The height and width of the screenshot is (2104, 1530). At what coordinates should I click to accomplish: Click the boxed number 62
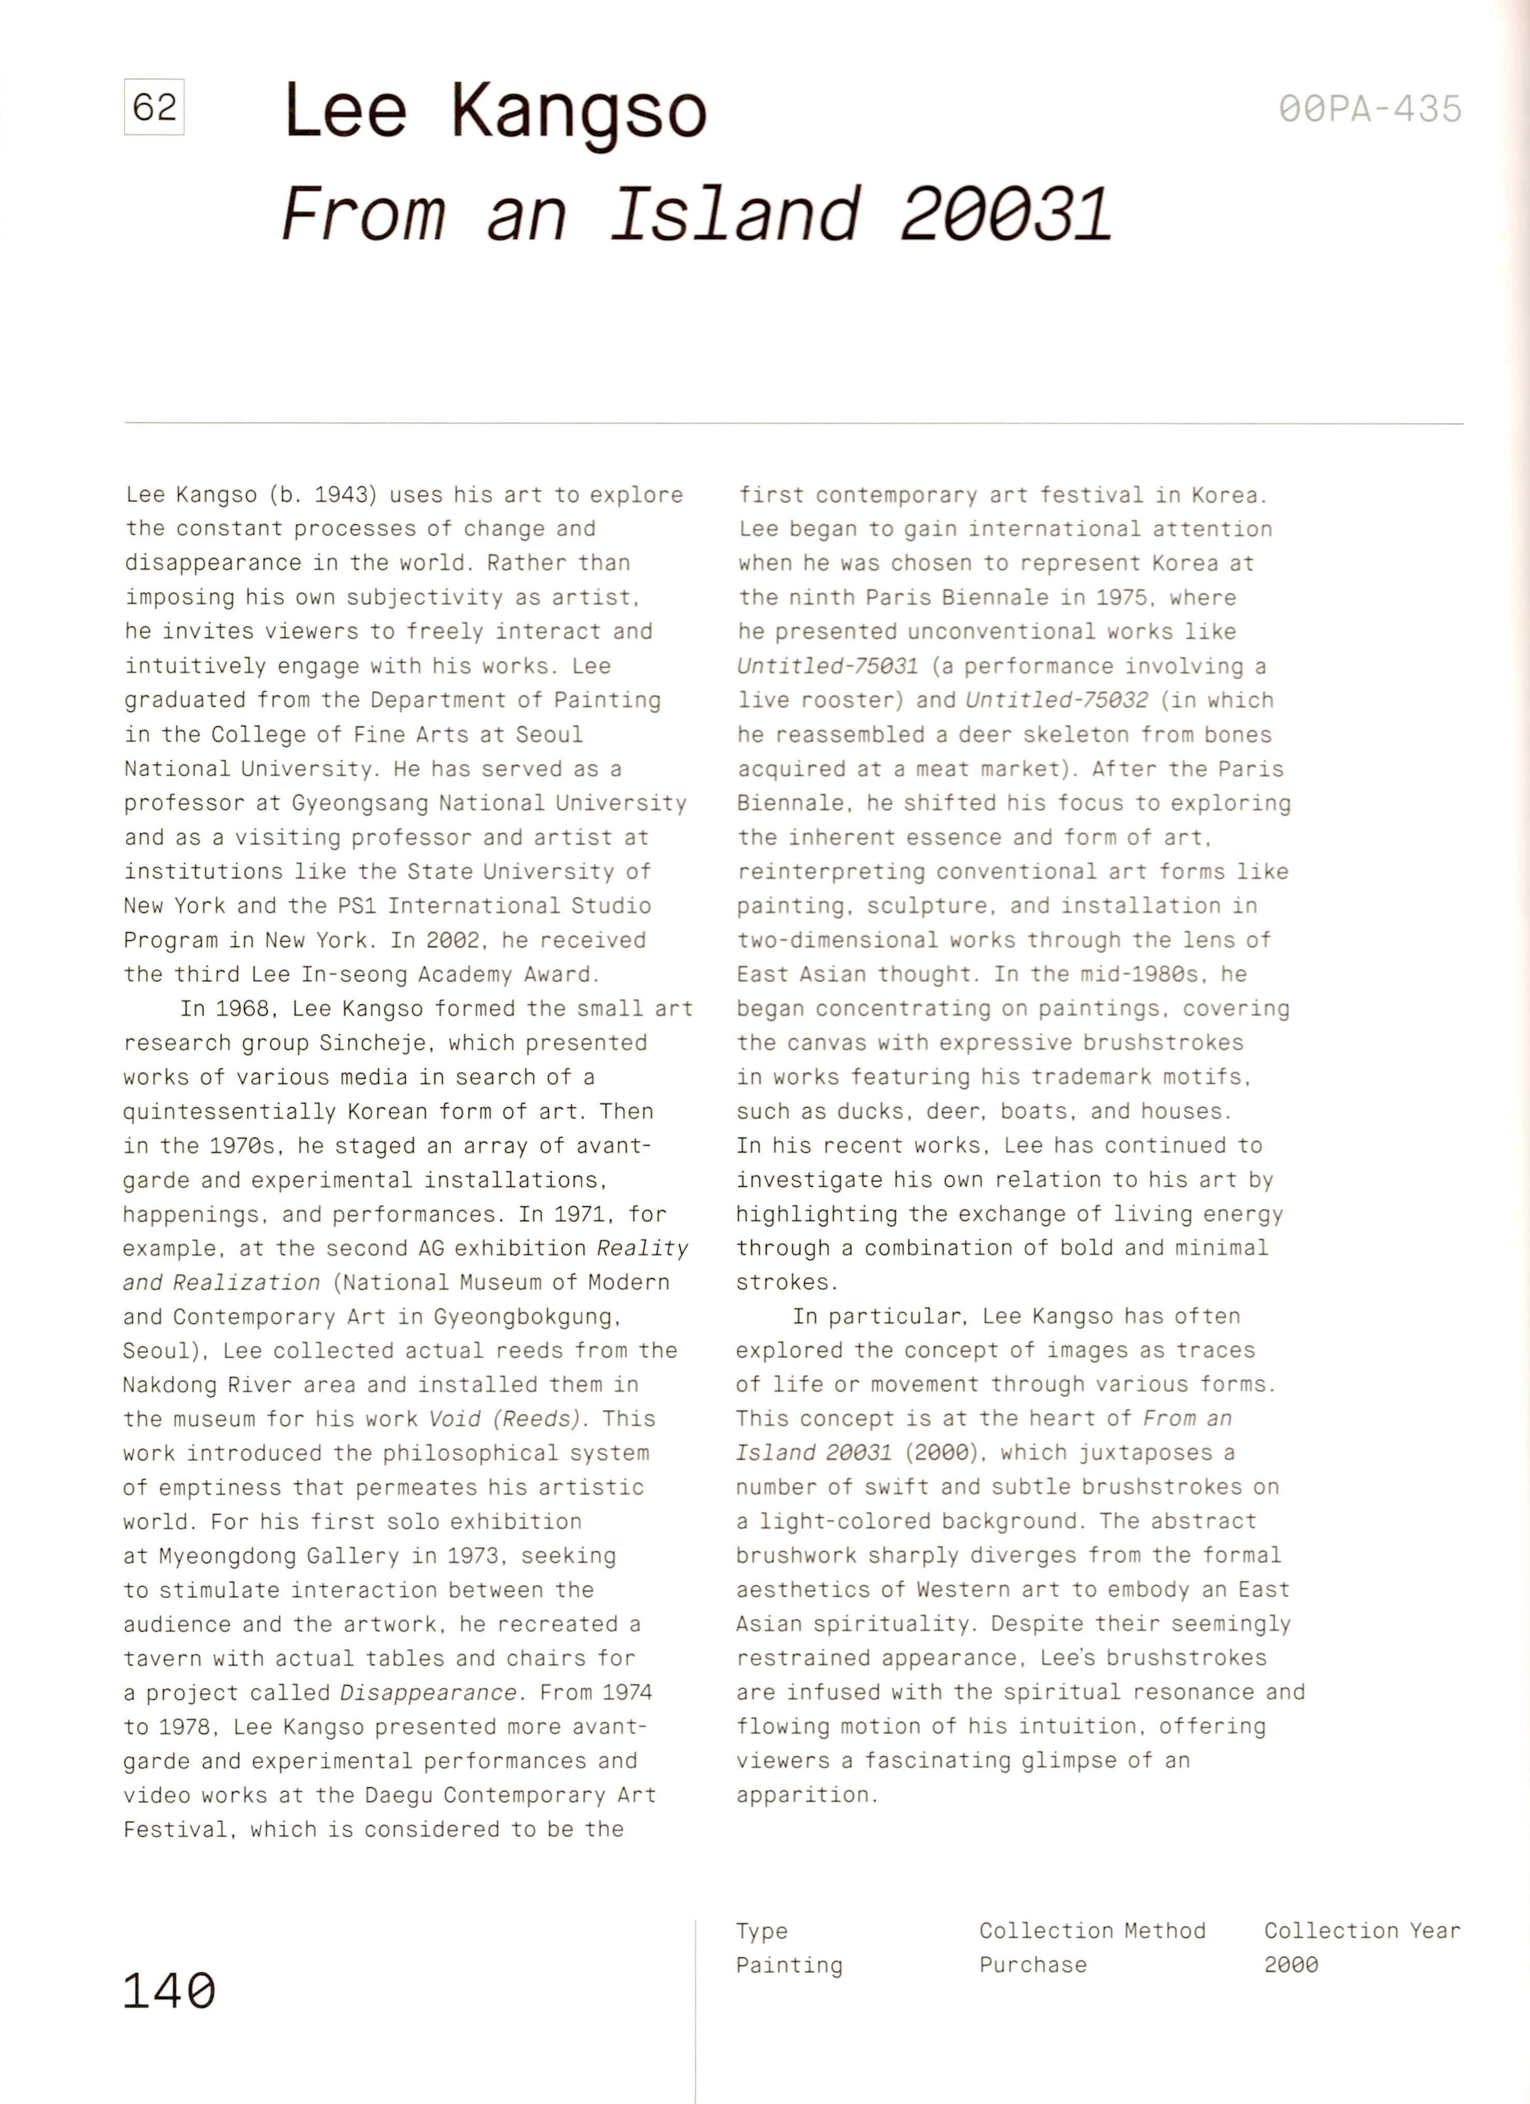coord(154,108)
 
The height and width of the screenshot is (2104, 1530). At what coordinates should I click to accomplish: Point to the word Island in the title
coord(735,214)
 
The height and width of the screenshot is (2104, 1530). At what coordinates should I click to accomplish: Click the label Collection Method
coord(1092,1930)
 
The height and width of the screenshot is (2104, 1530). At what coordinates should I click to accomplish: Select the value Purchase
coord(1032,1965)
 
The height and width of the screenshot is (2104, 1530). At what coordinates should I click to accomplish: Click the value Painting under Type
coord(789,1965)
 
